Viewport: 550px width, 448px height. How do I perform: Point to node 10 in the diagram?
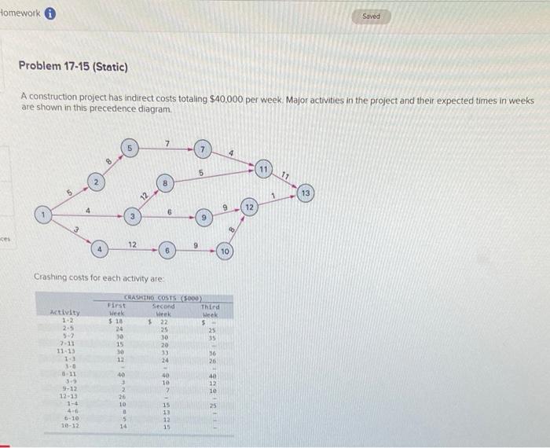(224, 251)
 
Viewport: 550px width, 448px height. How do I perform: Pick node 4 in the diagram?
(99, 250)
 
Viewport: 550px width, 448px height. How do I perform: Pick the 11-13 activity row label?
(64, 351)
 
